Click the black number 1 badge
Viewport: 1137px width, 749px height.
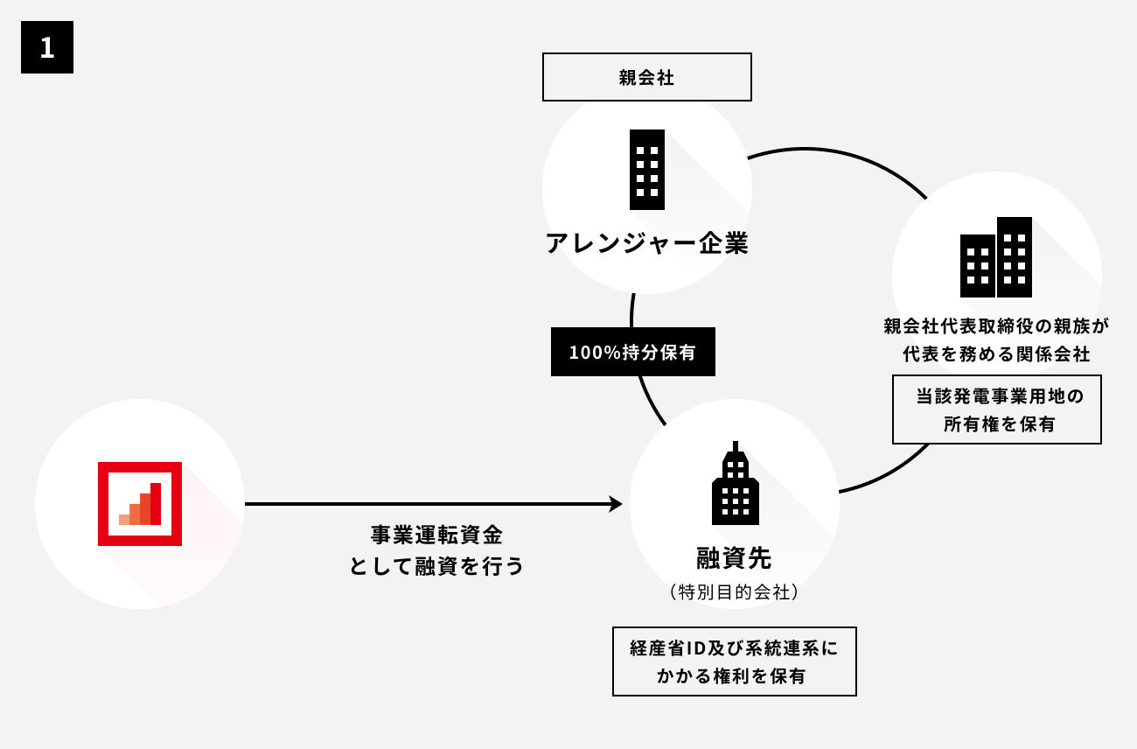point(47,47)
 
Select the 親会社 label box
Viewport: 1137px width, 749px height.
point(646,77)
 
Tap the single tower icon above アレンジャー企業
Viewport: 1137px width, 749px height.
point(647,170)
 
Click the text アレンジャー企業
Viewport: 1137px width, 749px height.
point(647,242)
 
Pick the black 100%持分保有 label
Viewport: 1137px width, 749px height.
point(632,352)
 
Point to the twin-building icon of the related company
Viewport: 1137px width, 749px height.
point(996,257)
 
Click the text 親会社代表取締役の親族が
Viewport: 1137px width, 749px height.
point(996,326)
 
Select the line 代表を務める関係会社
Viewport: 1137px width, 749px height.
point(996,354)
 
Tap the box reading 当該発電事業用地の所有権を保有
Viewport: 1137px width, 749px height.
point(996,409)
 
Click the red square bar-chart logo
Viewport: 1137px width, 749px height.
point(140,504)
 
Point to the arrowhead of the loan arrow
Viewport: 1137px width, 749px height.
point(616,504)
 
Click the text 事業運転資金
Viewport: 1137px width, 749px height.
point(437,535)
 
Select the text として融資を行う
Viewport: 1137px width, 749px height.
point(437,566)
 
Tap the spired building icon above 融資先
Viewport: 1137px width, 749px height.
point(736,485)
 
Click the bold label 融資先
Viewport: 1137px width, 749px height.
point(735,557)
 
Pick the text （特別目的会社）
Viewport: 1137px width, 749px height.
point(735,592)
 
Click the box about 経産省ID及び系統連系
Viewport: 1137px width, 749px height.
point(735,661)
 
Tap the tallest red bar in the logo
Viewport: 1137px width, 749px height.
point(156,504)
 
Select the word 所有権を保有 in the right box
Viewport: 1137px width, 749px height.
point(999,424)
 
